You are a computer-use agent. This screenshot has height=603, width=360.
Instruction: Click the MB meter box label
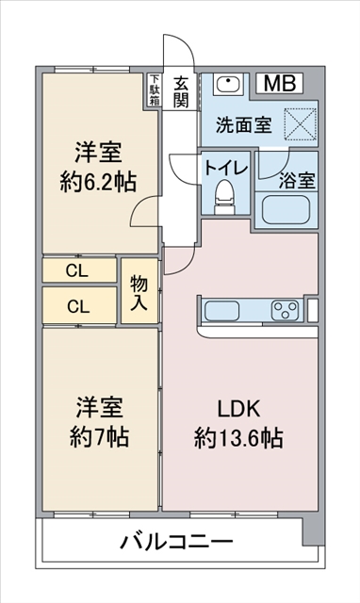(x=280, y=83)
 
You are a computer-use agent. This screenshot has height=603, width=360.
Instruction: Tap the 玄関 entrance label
(x=180, y=92)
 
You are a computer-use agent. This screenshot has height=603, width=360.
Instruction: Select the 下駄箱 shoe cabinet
(x=155, y=90)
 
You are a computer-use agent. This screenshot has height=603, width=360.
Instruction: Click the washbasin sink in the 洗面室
(x=228, y=84)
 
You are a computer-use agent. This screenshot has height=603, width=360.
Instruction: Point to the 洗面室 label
(x=244, y=124)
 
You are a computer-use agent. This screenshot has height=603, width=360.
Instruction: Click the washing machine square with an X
(x=301, y=123)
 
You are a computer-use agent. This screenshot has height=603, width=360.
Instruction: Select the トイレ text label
(x=226, y=168)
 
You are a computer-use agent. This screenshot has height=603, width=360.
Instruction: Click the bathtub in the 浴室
(x=286, y=210)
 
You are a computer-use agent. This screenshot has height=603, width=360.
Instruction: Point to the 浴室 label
(x=297, y=180)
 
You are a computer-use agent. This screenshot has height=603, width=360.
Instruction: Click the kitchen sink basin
(x=221, y=311)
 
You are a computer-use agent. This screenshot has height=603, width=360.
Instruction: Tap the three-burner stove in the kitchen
(x=285, y=310)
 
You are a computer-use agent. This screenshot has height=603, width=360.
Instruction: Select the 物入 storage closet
(x=139, y=291)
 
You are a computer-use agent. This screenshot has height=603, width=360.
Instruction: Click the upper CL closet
(x=79, y=270)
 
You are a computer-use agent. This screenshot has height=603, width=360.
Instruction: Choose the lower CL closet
(x=79, y=305)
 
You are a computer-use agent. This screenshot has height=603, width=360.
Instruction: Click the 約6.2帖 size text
(x=98, y=182)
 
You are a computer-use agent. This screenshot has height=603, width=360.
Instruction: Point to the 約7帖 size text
(x=99, y=436)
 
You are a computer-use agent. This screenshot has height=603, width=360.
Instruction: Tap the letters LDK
(x=238, y=409)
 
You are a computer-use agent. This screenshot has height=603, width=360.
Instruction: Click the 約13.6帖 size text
(x=238, y=438)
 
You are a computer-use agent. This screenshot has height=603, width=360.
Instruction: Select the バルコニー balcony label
(x=176, y=542)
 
